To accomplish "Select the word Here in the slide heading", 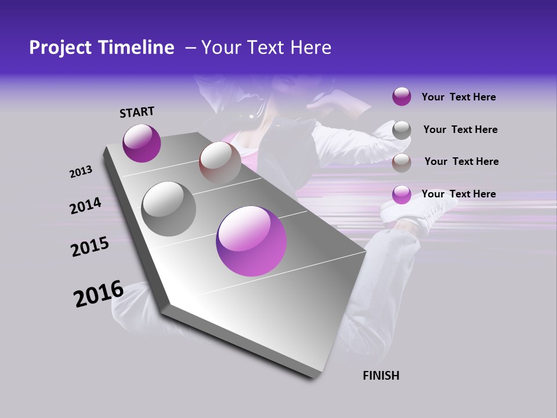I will point(310,48).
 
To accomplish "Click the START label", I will point(137,112).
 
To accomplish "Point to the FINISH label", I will point(381,376).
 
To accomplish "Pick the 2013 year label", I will point(81,172).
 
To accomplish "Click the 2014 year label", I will point(86,206).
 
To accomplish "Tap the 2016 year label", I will point(99,294).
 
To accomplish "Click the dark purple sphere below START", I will point(142,143).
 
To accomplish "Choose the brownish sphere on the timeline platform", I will point(220,163).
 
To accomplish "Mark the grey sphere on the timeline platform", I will point(168,209).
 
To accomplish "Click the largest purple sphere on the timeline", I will point(251,241).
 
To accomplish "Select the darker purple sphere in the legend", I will point(402,97).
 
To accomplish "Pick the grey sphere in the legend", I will point(402,130).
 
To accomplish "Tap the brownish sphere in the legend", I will point(402,163).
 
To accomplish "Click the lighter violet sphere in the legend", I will point(402,195).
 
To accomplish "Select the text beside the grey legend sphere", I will point(460,129).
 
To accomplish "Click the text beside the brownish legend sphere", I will point(461,161).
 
